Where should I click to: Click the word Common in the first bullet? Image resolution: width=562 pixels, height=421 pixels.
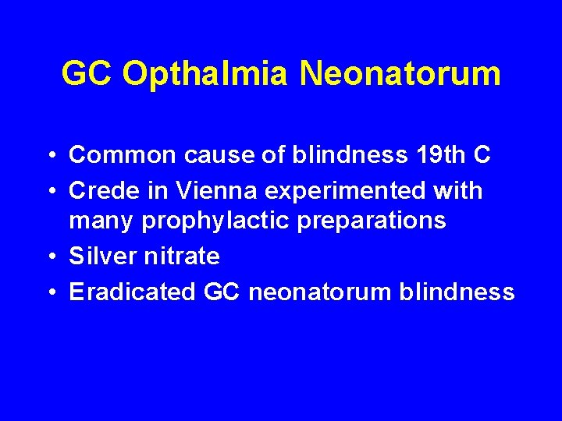pos(123,155)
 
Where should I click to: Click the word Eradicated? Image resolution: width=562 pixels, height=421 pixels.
pos(132,292)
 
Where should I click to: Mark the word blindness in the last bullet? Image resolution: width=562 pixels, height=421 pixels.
pos(457,292)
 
